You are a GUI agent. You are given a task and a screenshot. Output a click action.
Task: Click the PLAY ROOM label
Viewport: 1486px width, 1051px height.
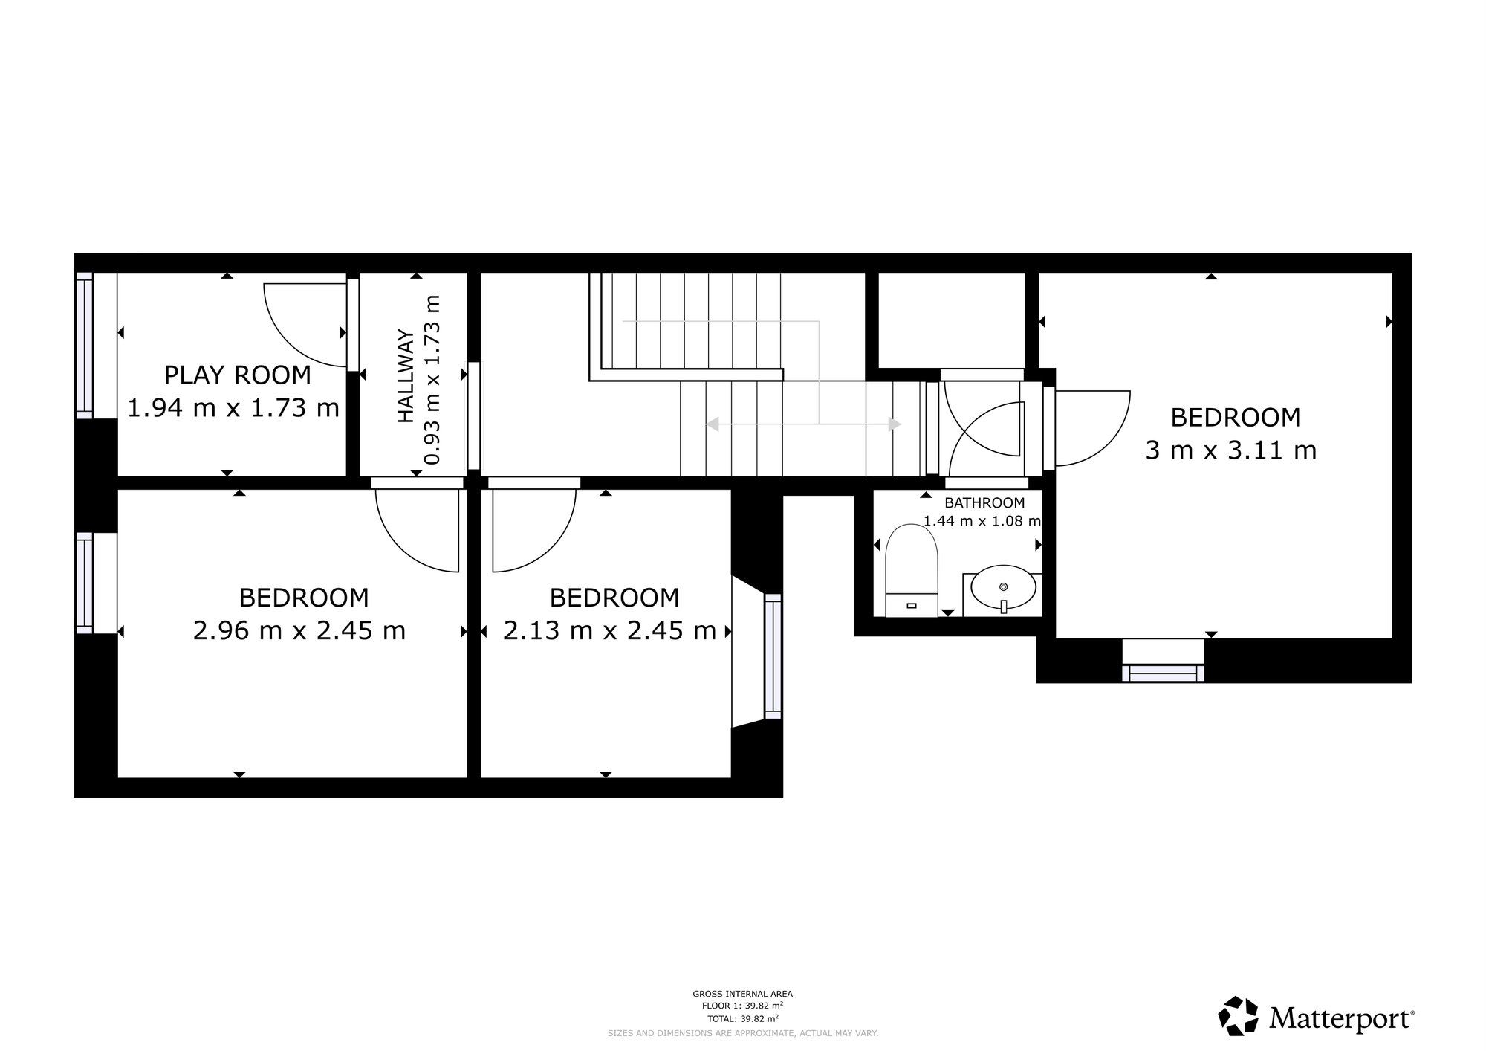tap(237, 375)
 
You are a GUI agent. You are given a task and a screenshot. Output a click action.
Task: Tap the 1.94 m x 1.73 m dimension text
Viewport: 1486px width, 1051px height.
tap(233, 408)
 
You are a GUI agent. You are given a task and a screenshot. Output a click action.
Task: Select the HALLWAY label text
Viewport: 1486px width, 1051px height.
tap(406, 375)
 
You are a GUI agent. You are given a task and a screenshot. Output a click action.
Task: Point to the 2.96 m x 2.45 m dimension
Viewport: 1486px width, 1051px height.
tap(299, 631)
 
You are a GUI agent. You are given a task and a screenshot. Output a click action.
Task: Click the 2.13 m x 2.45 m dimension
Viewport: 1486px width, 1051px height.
tap(609, 631)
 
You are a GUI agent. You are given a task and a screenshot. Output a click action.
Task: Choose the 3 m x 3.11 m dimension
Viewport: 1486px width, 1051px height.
tap(1230, 450)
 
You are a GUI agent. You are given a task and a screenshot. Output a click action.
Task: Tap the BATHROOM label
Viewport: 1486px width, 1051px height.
tap(984, 503)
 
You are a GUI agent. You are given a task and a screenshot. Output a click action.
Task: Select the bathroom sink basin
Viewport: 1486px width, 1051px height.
tap(1003, 587)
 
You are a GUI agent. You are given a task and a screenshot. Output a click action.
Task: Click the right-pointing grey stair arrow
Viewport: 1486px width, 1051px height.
tap(895, 424)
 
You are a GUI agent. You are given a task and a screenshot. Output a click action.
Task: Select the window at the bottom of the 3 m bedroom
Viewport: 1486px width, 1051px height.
tap(1163, 673)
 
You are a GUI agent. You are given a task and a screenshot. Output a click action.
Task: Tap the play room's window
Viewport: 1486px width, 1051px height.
tap(85, 344)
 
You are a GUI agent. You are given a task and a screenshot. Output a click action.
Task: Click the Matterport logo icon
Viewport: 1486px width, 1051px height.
tap(1239, 1016)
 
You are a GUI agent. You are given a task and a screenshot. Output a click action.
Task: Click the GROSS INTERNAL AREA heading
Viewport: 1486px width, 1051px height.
tap(742, 994)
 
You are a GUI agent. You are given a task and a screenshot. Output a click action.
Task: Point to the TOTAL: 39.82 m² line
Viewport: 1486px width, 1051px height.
tap(742, 1019)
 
